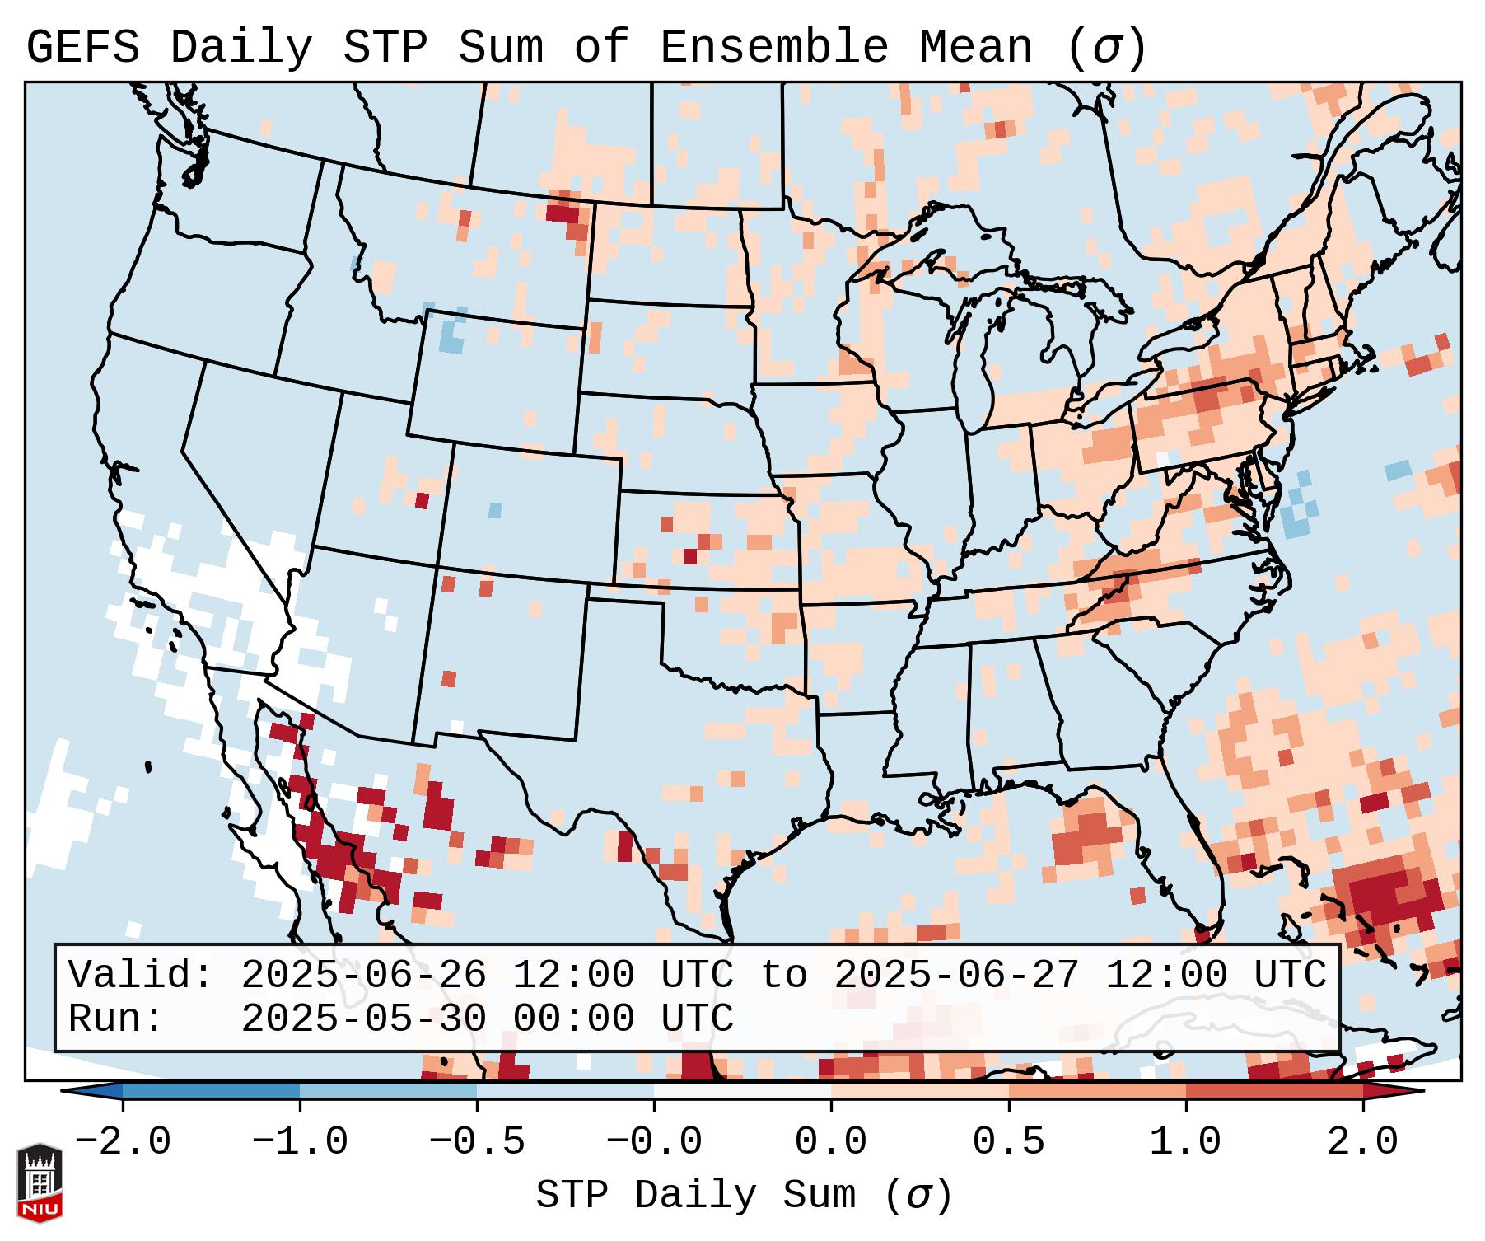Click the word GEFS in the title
point(83,48)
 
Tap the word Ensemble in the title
point(774,48)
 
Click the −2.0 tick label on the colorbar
point(123,1142)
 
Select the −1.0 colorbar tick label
point(300,1142)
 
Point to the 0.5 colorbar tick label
point(1009,1142)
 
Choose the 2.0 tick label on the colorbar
point(1363,1142)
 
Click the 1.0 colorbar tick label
point(1186,1142)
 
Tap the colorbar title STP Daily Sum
point(696,1196)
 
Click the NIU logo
point(40,1182)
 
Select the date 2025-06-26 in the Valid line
point(363,976)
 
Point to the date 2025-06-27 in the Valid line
point(956,976)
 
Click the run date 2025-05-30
point(363,1019)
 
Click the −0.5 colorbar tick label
point(477,1142)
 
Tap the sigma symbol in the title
point(1108,48)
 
